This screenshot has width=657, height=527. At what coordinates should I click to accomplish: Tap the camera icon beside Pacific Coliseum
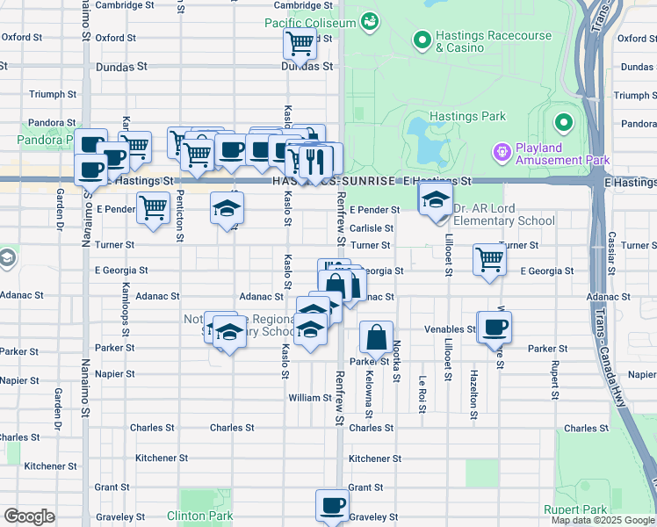click(x=370, y=19)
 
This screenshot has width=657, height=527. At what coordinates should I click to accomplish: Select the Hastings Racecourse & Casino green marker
click(x=422, y=40)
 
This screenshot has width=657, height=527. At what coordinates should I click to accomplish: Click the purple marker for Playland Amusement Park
click(x=502, y=152)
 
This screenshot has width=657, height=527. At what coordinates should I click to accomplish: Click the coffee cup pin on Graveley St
click(x=333, y=507)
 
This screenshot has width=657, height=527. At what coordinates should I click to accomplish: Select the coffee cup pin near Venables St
click(x=495, y=328)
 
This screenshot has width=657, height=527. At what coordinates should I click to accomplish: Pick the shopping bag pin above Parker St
click(x=376, y=338)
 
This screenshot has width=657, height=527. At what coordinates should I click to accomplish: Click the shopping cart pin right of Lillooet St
click(x=488, y=260)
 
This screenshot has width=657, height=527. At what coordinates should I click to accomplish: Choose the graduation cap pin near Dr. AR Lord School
click(x=435, y=200)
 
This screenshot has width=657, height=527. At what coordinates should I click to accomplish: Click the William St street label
click(x=309, y=398)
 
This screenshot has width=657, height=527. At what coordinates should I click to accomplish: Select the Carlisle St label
click(x=370, y=227)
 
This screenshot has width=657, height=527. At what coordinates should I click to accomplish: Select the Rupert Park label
click(x=576, y=509)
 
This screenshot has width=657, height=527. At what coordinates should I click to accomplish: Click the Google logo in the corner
click(x=29, y=516)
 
